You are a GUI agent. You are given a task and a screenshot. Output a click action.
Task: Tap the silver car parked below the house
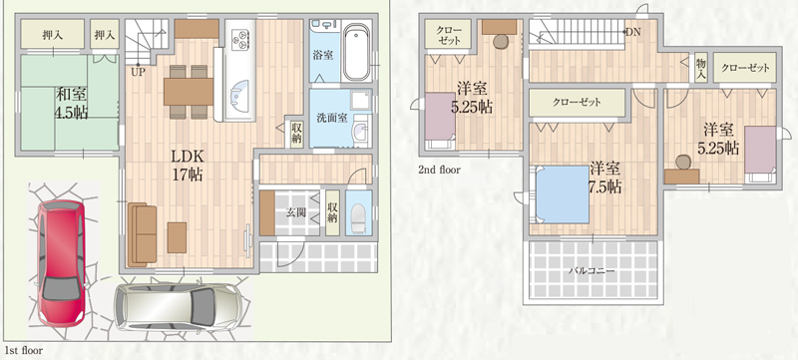(x=179, y=307)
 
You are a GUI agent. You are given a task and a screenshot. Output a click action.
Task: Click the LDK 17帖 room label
(x=188, y=165)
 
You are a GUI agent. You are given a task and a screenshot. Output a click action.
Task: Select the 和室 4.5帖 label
(x=71, y=104)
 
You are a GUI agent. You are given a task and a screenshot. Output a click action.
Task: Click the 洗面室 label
(x=332, y=118)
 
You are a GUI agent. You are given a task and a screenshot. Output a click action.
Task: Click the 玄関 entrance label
(x=295, y=212)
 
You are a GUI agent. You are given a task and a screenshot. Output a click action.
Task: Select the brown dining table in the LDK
(x=189, y=92)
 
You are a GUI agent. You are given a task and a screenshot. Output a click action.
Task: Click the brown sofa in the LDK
(x=142, y=234)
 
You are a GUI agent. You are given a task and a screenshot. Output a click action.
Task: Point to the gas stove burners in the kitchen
(x=239, y=38)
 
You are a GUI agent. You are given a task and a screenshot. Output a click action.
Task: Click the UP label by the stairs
(x=138, y=72)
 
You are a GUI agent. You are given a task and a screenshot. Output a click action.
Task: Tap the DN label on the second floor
(x=633, y=32)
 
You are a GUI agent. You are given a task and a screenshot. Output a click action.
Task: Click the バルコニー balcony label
(x=592, y=270)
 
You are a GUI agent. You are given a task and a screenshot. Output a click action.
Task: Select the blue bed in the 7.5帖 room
(x=563, y=194)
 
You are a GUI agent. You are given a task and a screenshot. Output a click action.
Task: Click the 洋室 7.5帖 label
(x=605, y=178)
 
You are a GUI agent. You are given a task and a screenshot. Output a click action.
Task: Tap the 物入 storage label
(x=701, y=68)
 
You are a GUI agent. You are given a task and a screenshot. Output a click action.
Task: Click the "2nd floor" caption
(x=439, y=170)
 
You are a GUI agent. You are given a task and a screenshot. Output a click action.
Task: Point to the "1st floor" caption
(x=24, y=350)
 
